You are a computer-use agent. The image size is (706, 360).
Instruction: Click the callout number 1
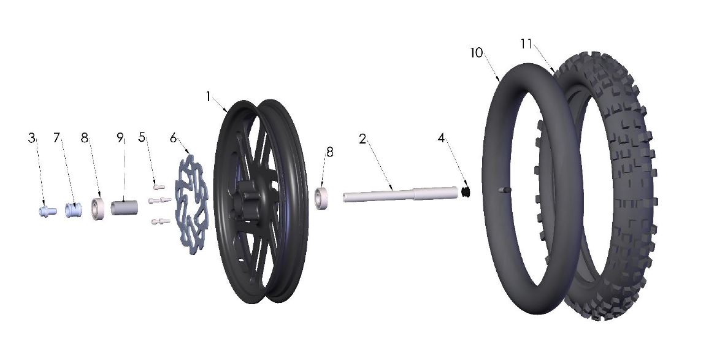(209, 97)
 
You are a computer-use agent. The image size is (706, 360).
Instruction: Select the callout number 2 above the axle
(363, 139)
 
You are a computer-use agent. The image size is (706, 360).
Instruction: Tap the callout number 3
(31, 138)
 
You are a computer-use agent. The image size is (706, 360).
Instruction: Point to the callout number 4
(441, 138)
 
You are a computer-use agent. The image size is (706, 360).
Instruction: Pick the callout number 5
(142, 138)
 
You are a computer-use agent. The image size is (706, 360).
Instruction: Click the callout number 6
(173, 138)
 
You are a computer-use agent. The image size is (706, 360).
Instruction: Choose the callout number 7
(57, 138)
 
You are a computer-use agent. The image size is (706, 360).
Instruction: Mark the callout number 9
(120, 138)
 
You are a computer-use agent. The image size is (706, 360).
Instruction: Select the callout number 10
(477, 53)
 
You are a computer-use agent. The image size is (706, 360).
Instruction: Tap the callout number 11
(526, 44)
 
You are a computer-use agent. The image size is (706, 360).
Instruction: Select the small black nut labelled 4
(466, 193)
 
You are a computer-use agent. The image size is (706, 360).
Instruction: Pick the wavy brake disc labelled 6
(191, 206)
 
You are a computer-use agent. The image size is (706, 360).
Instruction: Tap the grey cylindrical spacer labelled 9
(125, 207)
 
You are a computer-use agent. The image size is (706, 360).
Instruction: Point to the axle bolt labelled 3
(45, 211)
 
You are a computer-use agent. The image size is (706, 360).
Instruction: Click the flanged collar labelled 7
(74, 210)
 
